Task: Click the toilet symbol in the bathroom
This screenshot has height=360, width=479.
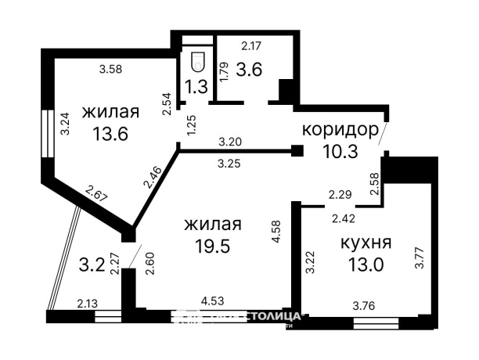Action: coord(197,59)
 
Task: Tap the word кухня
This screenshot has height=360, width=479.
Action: coord(366,242)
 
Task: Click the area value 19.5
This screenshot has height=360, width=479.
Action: coord(212,246)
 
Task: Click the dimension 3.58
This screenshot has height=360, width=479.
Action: coord(112,70)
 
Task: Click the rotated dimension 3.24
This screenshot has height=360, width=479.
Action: coord(66,124)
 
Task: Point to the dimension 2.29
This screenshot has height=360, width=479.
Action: coord(340,193)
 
